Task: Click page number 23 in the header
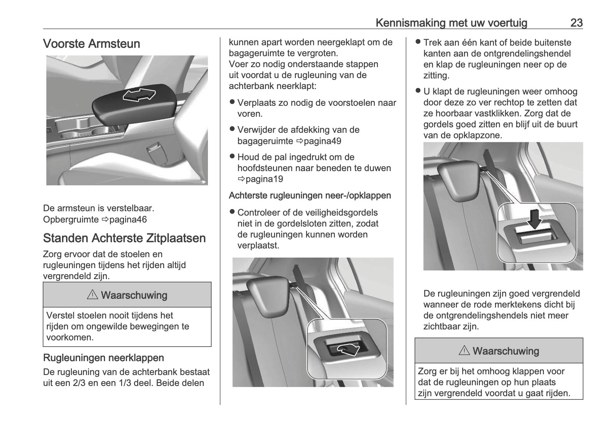576,23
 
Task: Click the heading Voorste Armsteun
92,44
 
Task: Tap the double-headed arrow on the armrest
139,96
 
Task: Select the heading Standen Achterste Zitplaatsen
124,238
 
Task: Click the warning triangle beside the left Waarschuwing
92,295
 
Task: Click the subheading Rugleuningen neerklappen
104,358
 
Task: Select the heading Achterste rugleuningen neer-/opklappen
310,196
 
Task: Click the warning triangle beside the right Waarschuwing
464,351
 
